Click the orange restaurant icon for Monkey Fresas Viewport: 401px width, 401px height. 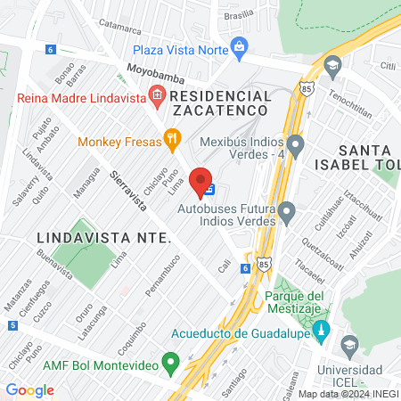point(173,139)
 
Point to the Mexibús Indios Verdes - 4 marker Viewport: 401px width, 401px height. point(295,143)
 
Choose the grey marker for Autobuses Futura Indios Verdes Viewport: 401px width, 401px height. point(287,213)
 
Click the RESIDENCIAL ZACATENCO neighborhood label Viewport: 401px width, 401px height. point(218,102)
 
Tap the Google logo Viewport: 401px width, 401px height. point(30,389)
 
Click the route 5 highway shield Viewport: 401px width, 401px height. point(12,325)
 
